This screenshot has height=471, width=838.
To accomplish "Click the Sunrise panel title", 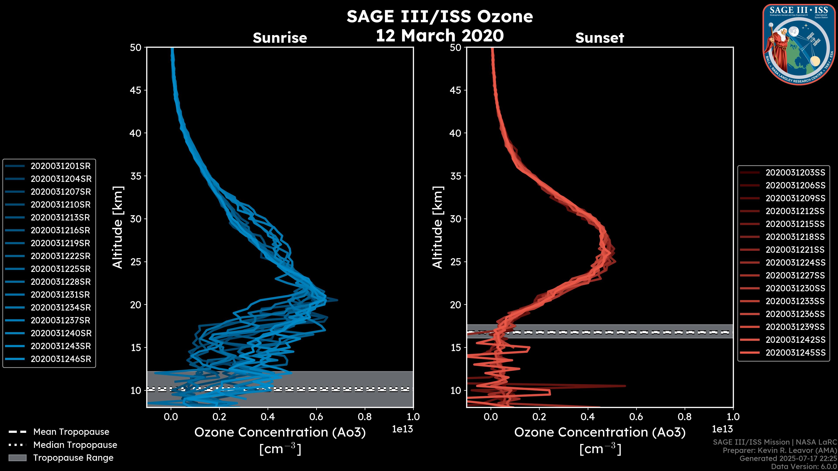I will [280, 38].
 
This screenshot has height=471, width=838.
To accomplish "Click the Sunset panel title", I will [599, 38].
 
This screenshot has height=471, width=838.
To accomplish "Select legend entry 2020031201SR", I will [60, 166].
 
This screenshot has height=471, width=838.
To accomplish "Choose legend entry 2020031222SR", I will [60, 256].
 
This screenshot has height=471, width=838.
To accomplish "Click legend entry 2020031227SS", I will [795, 276].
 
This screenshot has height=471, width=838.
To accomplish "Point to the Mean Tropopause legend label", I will [71, 432].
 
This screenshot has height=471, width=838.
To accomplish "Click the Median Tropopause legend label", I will [75, 445].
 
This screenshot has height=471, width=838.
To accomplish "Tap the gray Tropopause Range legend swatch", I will [17, 458].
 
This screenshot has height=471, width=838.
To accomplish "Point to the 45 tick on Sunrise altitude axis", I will [136, 90].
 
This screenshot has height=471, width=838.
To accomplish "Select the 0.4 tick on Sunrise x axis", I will [268, 417].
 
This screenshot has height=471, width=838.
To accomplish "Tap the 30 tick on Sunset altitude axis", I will [455, 219].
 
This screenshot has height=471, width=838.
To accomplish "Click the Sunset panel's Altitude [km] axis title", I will [438, 227].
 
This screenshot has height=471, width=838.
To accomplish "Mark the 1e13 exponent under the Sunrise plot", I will [402, 429].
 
